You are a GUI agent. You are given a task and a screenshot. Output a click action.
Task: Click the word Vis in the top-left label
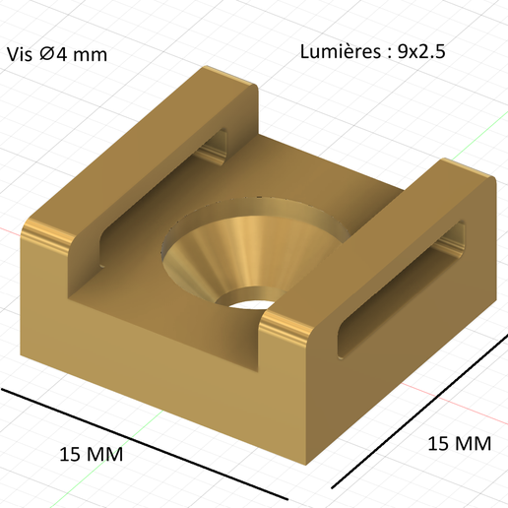(19, 54)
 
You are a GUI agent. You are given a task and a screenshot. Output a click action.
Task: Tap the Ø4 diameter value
(50, 54)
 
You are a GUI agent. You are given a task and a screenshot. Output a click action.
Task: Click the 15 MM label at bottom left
(91, 454)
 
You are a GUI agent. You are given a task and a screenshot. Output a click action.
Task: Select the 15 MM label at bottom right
(459, 443)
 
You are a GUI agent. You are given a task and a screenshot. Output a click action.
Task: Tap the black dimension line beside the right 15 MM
(418, 410)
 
